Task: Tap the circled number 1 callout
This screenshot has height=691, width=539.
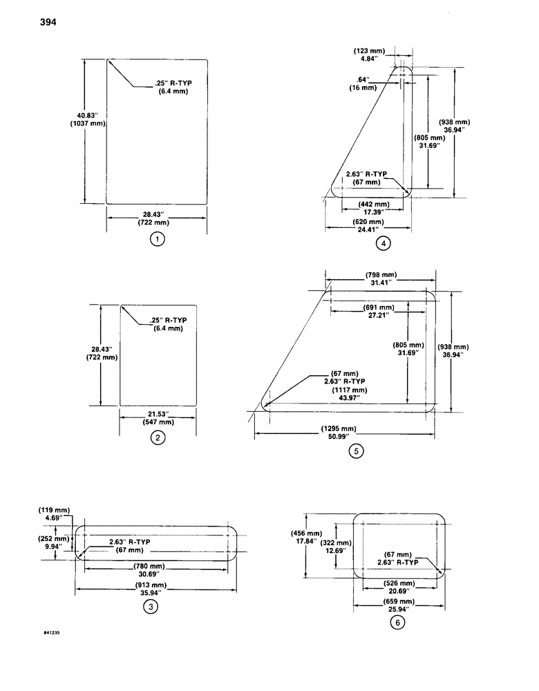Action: (158, 240)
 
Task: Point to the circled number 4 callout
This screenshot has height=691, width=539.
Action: (383, 243)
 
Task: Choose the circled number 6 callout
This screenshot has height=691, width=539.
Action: (396, 623)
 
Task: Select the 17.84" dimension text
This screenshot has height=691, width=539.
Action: (305, 542)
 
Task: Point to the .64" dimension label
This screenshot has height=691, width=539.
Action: (363, 79)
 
